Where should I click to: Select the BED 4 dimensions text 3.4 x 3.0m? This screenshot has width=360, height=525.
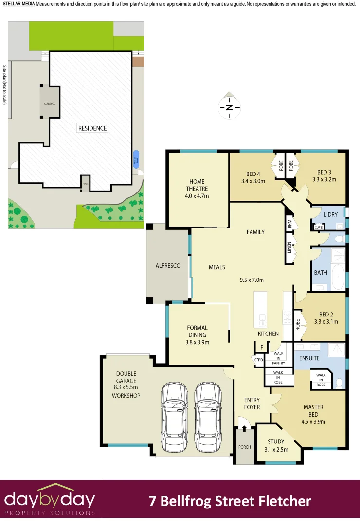click(253, 181)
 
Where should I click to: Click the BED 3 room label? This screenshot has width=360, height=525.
click(324, 172)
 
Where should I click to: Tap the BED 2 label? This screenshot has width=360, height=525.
click(325, 314)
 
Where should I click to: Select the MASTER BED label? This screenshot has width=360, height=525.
click(313, 407)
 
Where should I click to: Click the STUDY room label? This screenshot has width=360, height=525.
click(276, 442)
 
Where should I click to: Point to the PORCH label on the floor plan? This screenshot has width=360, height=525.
click(244, 447)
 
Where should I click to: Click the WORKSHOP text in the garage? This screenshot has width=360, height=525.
click(126, 396)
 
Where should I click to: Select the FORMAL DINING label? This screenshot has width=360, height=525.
click(197, 331)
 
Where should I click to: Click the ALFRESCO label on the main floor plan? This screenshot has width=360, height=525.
click(168, 266)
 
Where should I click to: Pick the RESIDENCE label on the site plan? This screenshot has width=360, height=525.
click(92, 128)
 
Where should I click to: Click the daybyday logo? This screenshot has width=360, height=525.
click(50, 500)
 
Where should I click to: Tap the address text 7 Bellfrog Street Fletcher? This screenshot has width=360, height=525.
click(230, 501)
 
